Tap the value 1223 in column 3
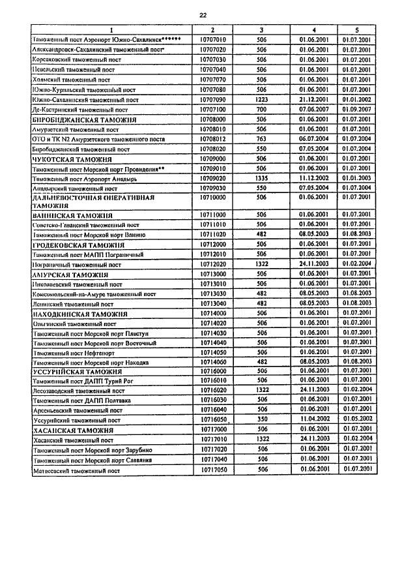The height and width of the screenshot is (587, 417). (x=262, y=99)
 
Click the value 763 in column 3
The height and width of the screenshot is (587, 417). (x=262, y=139)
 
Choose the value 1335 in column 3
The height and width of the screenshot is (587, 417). (x=262, y=177)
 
